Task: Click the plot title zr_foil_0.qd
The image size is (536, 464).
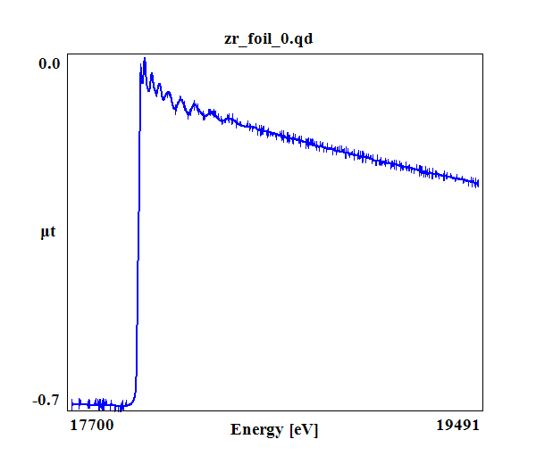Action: coord(269,40)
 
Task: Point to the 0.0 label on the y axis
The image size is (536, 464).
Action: coord(49,64)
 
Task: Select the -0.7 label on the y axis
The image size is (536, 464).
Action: coord(46,400)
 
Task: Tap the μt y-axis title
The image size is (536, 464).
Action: coord(48,234)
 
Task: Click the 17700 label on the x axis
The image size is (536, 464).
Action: coord(91,426)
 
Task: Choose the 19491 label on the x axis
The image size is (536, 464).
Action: coord(457,426)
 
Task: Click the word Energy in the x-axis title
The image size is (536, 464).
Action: coord(257,430)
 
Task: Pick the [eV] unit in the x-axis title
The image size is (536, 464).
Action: coord(304,430)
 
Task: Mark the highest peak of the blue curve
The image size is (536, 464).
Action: coord(144,60)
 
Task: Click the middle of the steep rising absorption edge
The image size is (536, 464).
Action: coord(138,232)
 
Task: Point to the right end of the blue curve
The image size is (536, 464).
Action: coord(479,183)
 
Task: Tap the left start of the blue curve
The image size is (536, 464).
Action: coord(71,403)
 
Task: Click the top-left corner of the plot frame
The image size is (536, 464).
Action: coord(70,53)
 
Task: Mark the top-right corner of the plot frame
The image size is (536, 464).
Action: coord(483,53)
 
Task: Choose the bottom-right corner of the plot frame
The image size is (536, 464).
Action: coord(483,410)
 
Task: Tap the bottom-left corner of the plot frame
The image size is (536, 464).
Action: coord(70,410)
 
